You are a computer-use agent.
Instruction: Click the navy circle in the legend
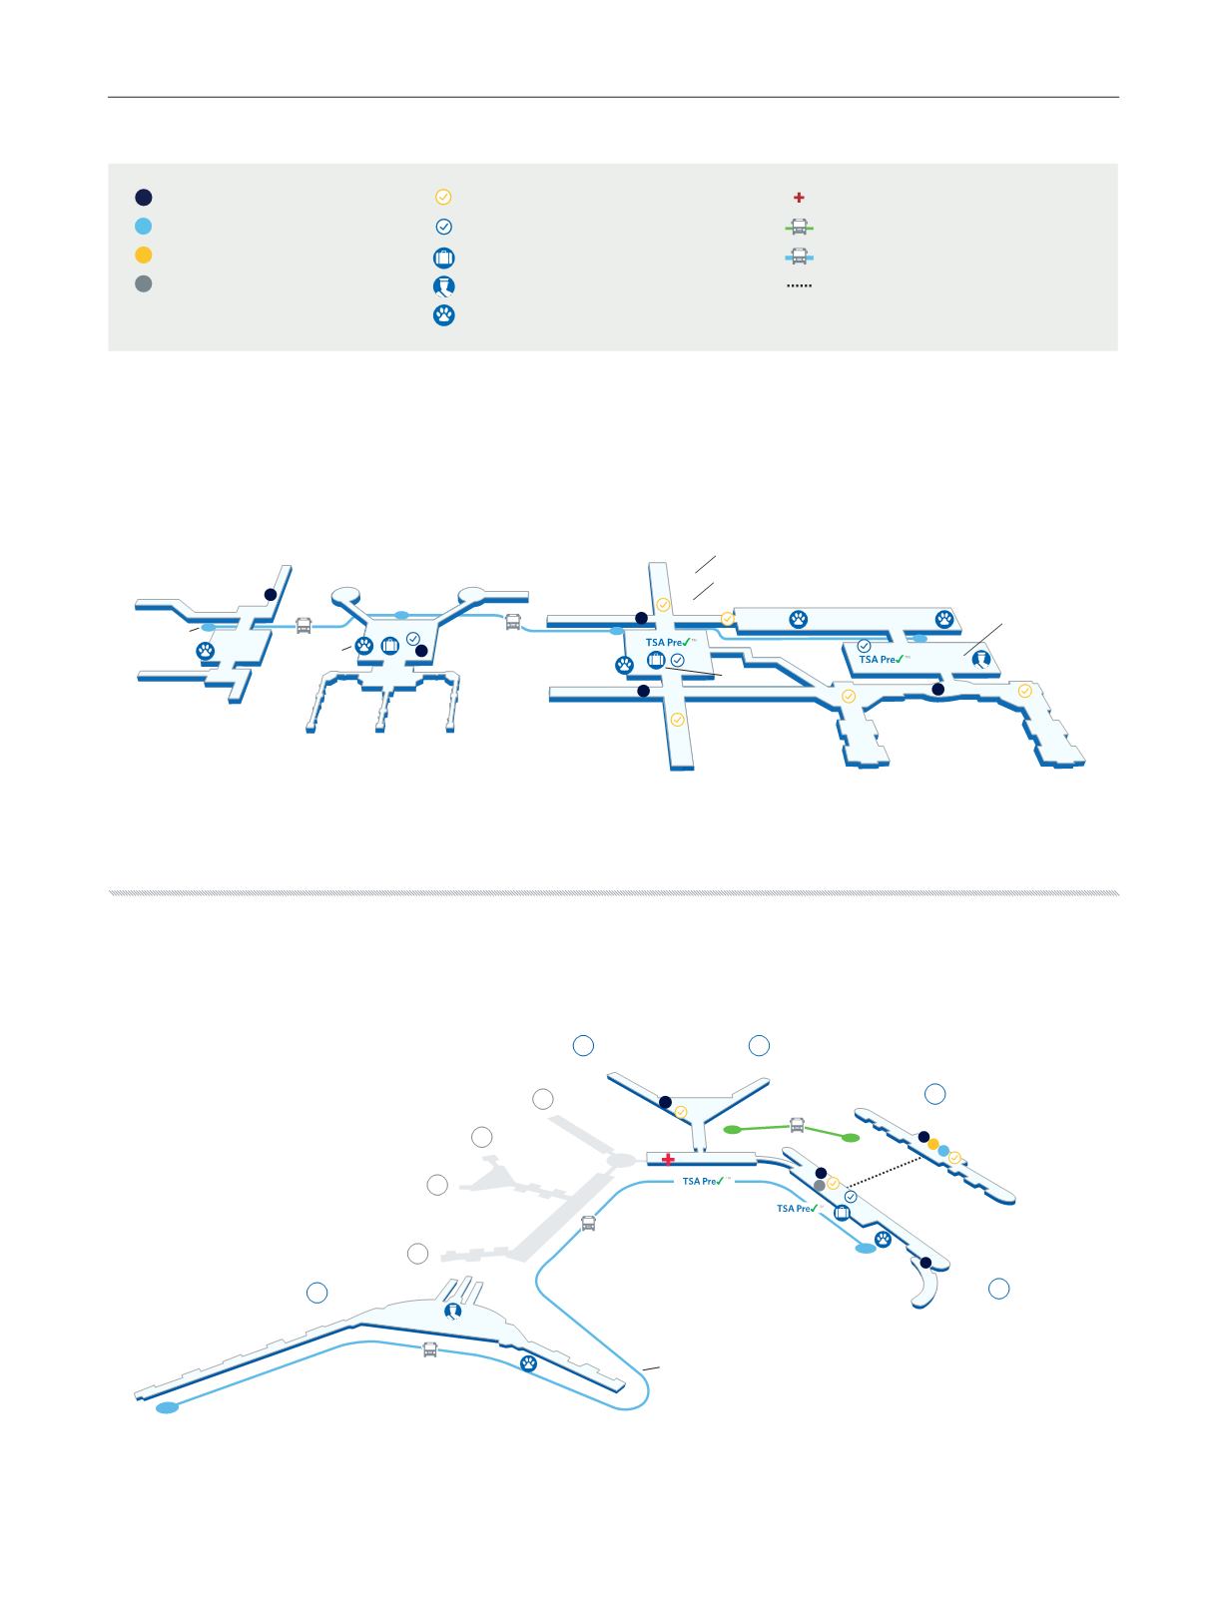(144, 197)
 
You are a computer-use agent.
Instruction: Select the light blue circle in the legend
(144, 227)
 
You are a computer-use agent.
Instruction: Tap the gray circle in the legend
(144, 283)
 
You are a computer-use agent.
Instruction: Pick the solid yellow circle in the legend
(144, 255)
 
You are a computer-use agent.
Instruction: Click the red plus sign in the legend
(799, 198)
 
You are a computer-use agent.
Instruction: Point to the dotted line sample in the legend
(799, 285)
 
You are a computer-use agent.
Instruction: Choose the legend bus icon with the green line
(799, 227)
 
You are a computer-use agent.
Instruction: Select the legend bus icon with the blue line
(799, 256)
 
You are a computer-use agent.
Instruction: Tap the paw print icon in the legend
(444, 315)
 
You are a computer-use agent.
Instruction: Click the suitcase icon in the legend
(444, 258)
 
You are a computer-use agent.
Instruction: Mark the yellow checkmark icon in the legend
(444, 198)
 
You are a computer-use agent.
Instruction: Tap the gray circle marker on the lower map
(820, 1184)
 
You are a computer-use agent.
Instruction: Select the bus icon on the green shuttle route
(797, 1125)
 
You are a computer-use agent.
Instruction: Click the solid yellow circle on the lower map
(932, 1144)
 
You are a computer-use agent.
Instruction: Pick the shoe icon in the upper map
(980, 659)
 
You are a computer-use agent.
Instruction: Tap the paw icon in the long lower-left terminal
(527, 1363)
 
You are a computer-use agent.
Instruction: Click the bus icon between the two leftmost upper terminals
(304, 626)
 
